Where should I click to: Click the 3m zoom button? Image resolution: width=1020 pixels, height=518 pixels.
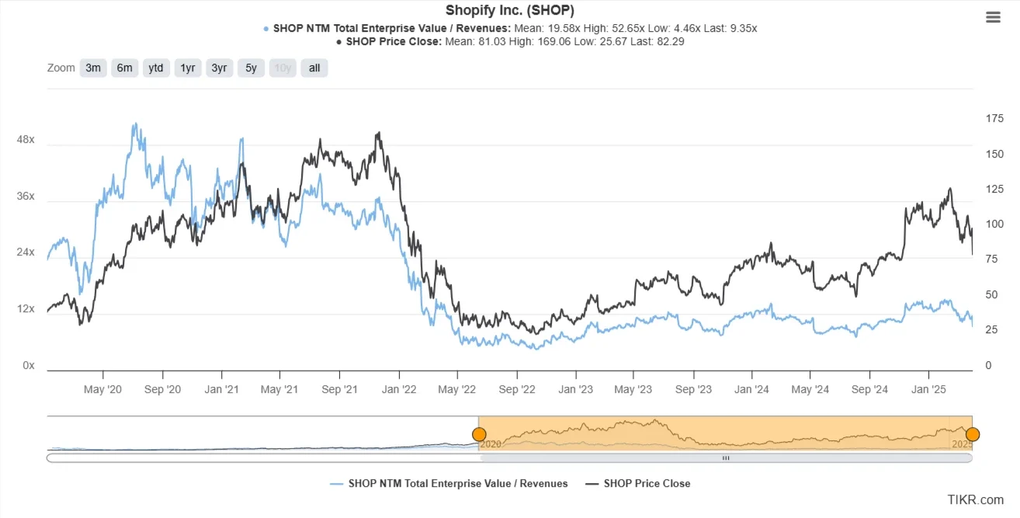(93, 68)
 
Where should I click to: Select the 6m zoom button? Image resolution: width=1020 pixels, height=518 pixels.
(125, 68)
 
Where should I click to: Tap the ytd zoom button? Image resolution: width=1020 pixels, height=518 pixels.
(156, 68)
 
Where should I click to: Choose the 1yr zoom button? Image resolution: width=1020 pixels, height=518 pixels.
(188, 68)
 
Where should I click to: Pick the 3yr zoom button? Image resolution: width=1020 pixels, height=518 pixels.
(220, 68)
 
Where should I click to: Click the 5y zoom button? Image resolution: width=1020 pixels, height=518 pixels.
(251, 68)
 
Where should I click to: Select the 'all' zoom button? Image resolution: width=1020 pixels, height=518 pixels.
(314, 68)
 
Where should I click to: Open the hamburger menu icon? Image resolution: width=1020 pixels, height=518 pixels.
(993, 18)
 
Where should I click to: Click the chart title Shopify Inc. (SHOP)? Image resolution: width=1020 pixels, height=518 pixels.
(509, 10)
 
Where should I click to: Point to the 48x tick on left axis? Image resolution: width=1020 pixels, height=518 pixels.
(26, 140)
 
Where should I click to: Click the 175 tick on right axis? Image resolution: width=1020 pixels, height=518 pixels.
(994, 118)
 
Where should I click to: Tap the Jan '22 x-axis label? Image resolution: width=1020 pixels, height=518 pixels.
(400, 389)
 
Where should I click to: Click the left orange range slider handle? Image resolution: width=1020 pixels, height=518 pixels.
(479, 434)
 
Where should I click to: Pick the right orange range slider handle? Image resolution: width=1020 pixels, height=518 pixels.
(973, 434)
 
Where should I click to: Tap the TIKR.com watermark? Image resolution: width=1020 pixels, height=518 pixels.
(975, 499)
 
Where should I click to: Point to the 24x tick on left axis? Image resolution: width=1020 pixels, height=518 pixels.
(26, 252)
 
